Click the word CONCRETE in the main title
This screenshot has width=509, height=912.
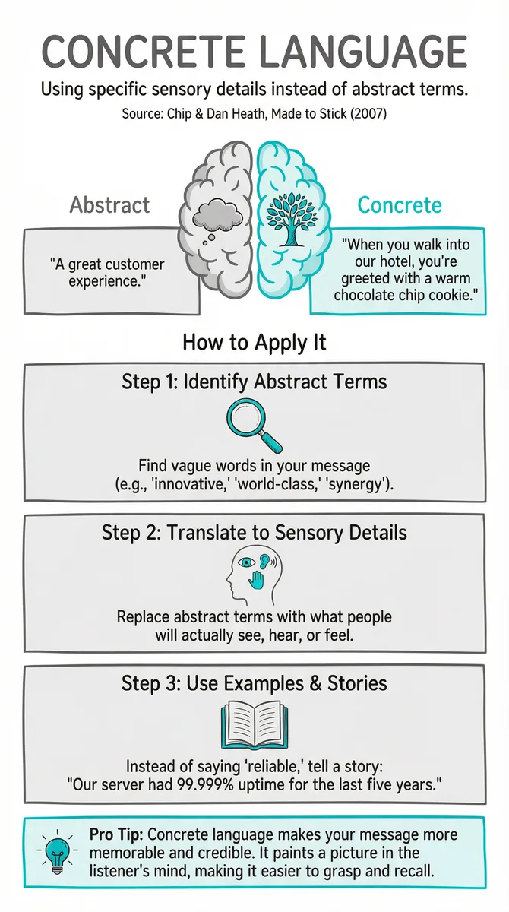coord(143,52)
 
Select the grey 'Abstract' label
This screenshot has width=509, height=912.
coord(109,204)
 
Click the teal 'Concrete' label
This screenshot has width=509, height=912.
coord(400,204)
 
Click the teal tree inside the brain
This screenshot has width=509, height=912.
coord(292,219)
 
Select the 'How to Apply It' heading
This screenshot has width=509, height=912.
coord(254,343)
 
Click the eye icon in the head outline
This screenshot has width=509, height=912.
coord(246,562)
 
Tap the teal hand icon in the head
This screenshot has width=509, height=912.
coord(256,580)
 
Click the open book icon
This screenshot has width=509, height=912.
coord(254,725)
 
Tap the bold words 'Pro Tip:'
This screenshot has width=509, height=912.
coord(116,834)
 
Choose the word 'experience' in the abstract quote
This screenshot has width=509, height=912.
coord(105,281)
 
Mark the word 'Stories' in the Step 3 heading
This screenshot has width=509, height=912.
coord(357,682)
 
